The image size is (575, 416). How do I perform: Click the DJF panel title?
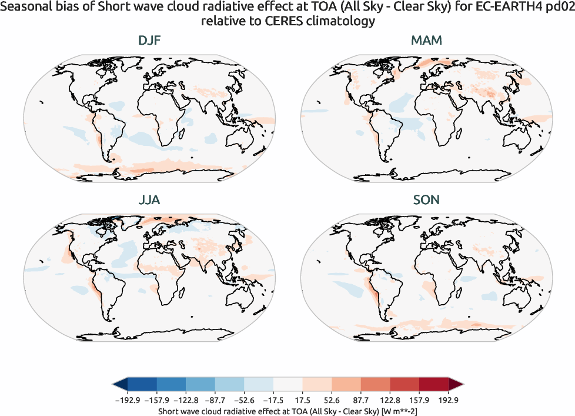pyautogui.click(x=149, y=41)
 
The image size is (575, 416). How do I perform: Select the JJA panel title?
pyautogui.click(x=149, y=199)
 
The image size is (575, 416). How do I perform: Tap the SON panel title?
pyautogui.click(x=426, y=199)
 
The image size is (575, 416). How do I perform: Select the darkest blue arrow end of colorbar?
pyautogui.click(x=119, y=385)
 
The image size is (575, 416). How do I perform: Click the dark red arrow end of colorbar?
pyautogui.click(x=456, y=385)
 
